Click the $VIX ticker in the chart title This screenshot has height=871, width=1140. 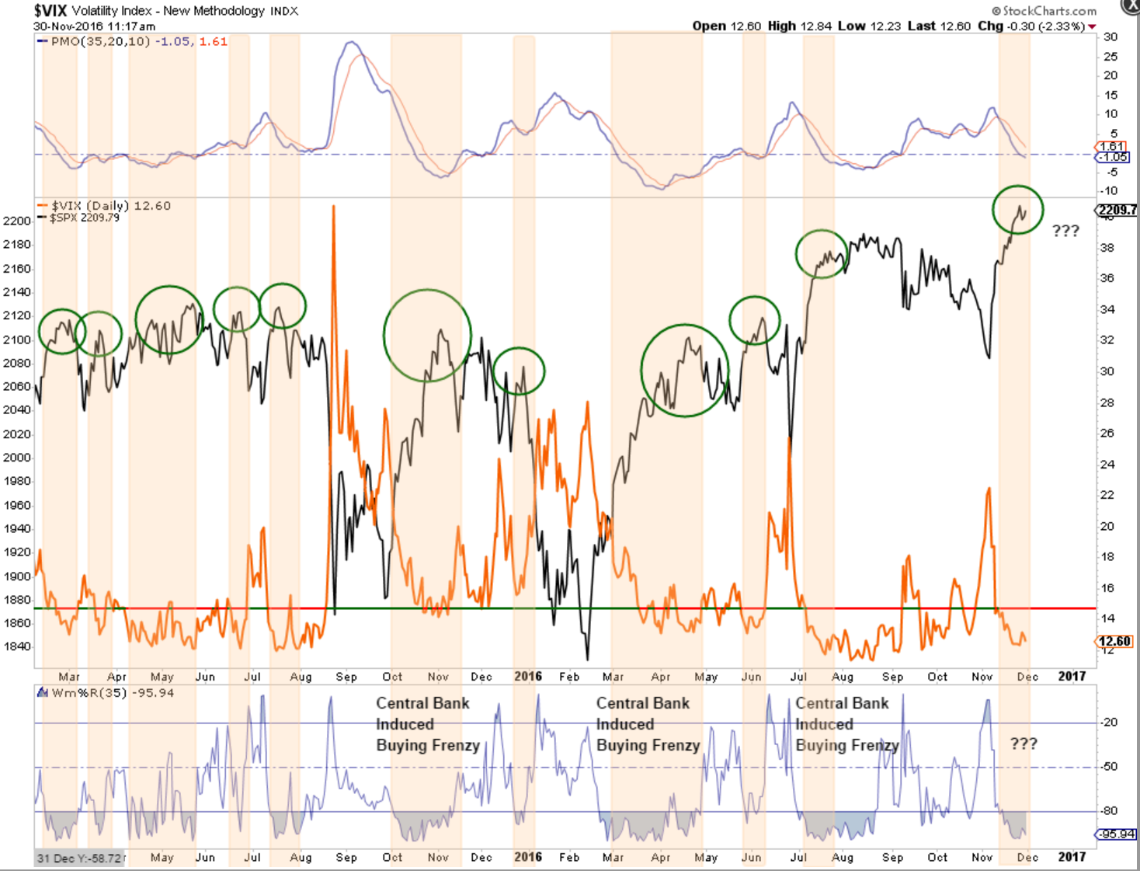click(50, 11)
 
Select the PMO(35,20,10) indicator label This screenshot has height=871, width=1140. click(99, 41)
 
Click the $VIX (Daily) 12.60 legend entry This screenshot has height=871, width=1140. click(110, 206)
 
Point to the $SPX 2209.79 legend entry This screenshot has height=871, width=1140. click(85, 218)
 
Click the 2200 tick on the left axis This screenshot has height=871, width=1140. click(17, 221)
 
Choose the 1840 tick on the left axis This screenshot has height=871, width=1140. click(17, 646)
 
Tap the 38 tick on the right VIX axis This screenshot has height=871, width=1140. click(1107, 248)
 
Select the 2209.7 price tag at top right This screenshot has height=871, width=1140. click(1117, 210)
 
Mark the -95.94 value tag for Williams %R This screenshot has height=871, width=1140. click(1115, 834)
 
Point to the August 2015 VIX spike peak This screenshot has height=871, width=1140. click(334, 207)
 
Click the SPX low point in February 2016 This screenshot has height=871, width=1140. click(587, 659)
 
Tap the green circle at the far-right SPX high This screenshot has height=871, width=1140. click(1017, 210)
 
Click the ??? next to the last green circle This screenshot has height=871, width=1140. click(1065, 231)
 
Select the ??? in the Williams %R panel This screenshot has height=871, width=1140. click(1023, 744)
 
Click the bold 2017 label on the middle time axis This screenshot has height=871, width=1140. click(1072, 676)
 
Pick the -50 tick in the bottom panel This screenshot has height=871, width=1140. click(1108, 767)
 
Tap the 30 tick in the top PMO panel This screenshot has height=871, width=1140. click(1110, 37)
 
